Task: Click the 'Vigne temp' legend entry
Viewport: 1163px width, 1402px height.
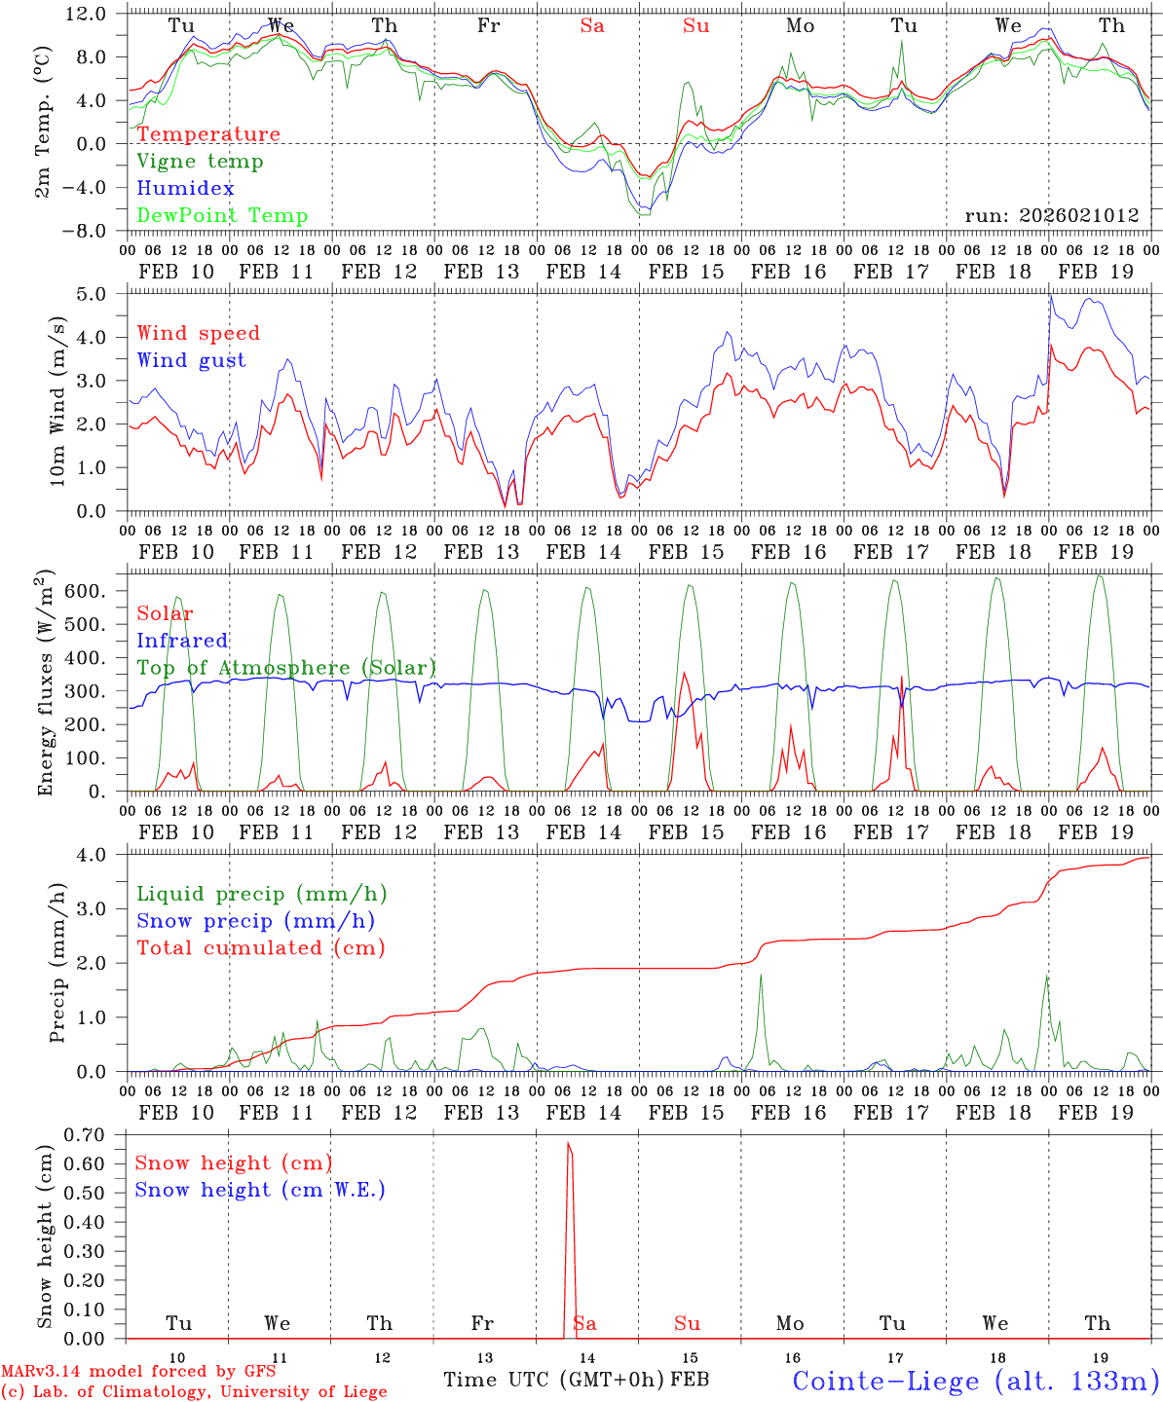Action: pyautogui.click(x=200, y=162)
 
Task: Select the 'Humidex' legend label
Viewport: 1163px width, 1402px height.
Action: pyautogui.click(x=185, y=189)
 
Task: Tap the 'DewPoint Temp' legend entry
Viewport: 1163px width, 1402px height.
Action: pyautogui.click(x=222, y=216)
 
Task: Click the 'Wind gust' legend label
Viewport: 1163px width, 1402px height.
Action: pyautogui.click(x=191, y=360)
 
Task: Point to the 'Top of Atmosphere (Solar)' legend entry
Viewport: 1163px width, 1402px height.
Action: pyautogui.click(x=286, y=668)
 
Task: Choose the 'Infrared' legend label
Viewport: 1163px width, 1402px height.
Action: pyautogui.click(x=182, y=641)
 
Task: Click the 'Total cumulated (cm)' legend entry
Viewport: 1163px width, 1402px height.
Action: pyautogui.click(x=261, y=948)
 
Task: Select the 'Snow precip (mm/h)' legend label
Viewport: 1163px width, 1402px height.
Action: pyautogui.click(x=255, y=921)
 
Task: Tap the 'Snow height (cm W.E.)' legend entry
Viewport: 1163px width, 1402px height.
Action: pyautogui.click(x=260, y=1190)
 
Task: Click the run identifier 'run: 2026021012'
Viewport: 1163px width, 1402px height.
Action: pyautogui.click(x=1051, y=216)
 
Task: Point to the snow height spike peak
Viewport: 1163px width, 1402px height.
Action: pyautogui.click(x=569, y=1143)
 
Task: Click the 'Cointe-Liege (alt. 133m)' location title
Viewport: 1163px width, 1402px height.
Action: pyautogui.click(x=975, y=1381)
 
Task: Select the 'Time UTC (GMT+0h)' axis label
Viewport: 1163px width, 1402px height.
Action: pyautogui.click(x=554, y=1380)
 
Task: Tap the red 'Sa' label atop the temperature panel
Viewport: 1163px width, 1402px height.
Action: pyautogui.click(x=591, y=26)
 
